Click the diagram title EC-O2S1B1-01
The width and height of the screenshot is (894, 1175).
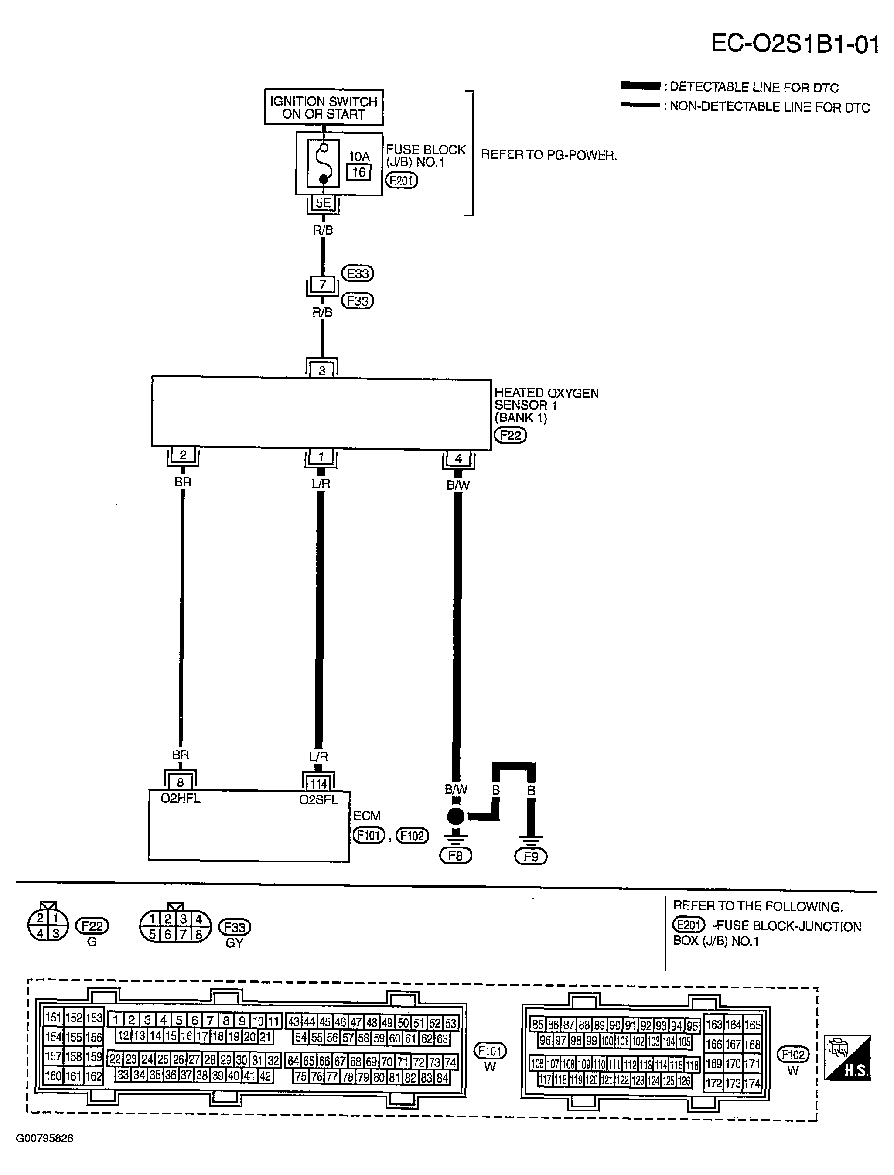pyautogui.click(x=795, y=44)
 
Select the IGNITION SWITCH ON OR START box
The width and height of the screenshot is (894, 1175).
pyautogui.click(x=324, y=107)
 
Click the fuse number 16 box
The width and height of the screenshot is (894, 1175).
pyautogui.click(x=358, y=172)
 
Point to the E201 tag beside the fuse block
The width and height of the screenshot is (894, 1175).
pyautogui.click(x=402, y=181)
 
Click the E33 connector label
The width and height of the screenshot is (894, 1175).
pyautogui.click(x=358, y=273)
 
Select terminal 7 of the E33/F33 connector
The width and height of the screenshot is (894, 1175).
pyautogui.click(x=322, y=285)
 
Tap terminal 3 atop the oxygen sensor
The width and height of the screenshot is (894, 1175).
pyautogui.click(x=321, y=370)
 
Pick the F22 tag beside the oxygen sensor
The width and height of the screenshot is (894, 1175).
pyautogui.click(x=510, y=435)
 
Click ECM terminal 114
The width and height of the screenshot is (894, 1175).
pyautogui.click(x=318, y=783)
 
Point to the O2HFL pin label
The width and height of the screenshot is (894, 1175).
pyautogui.click(x=181, y=798)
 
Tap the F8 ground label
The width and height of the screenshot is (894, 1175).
pyautogui.click(x=456, y=856)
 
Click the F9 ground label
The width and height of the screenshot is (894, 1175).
pyautogui.click(x=531, y=856)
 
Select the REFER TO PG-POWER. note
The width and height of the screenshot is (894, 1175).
pyautogui.click(x=549, y=155)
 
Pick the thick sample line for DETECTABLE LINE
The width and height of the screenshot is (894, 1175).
pyautogui.click(x=641, y=85)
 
